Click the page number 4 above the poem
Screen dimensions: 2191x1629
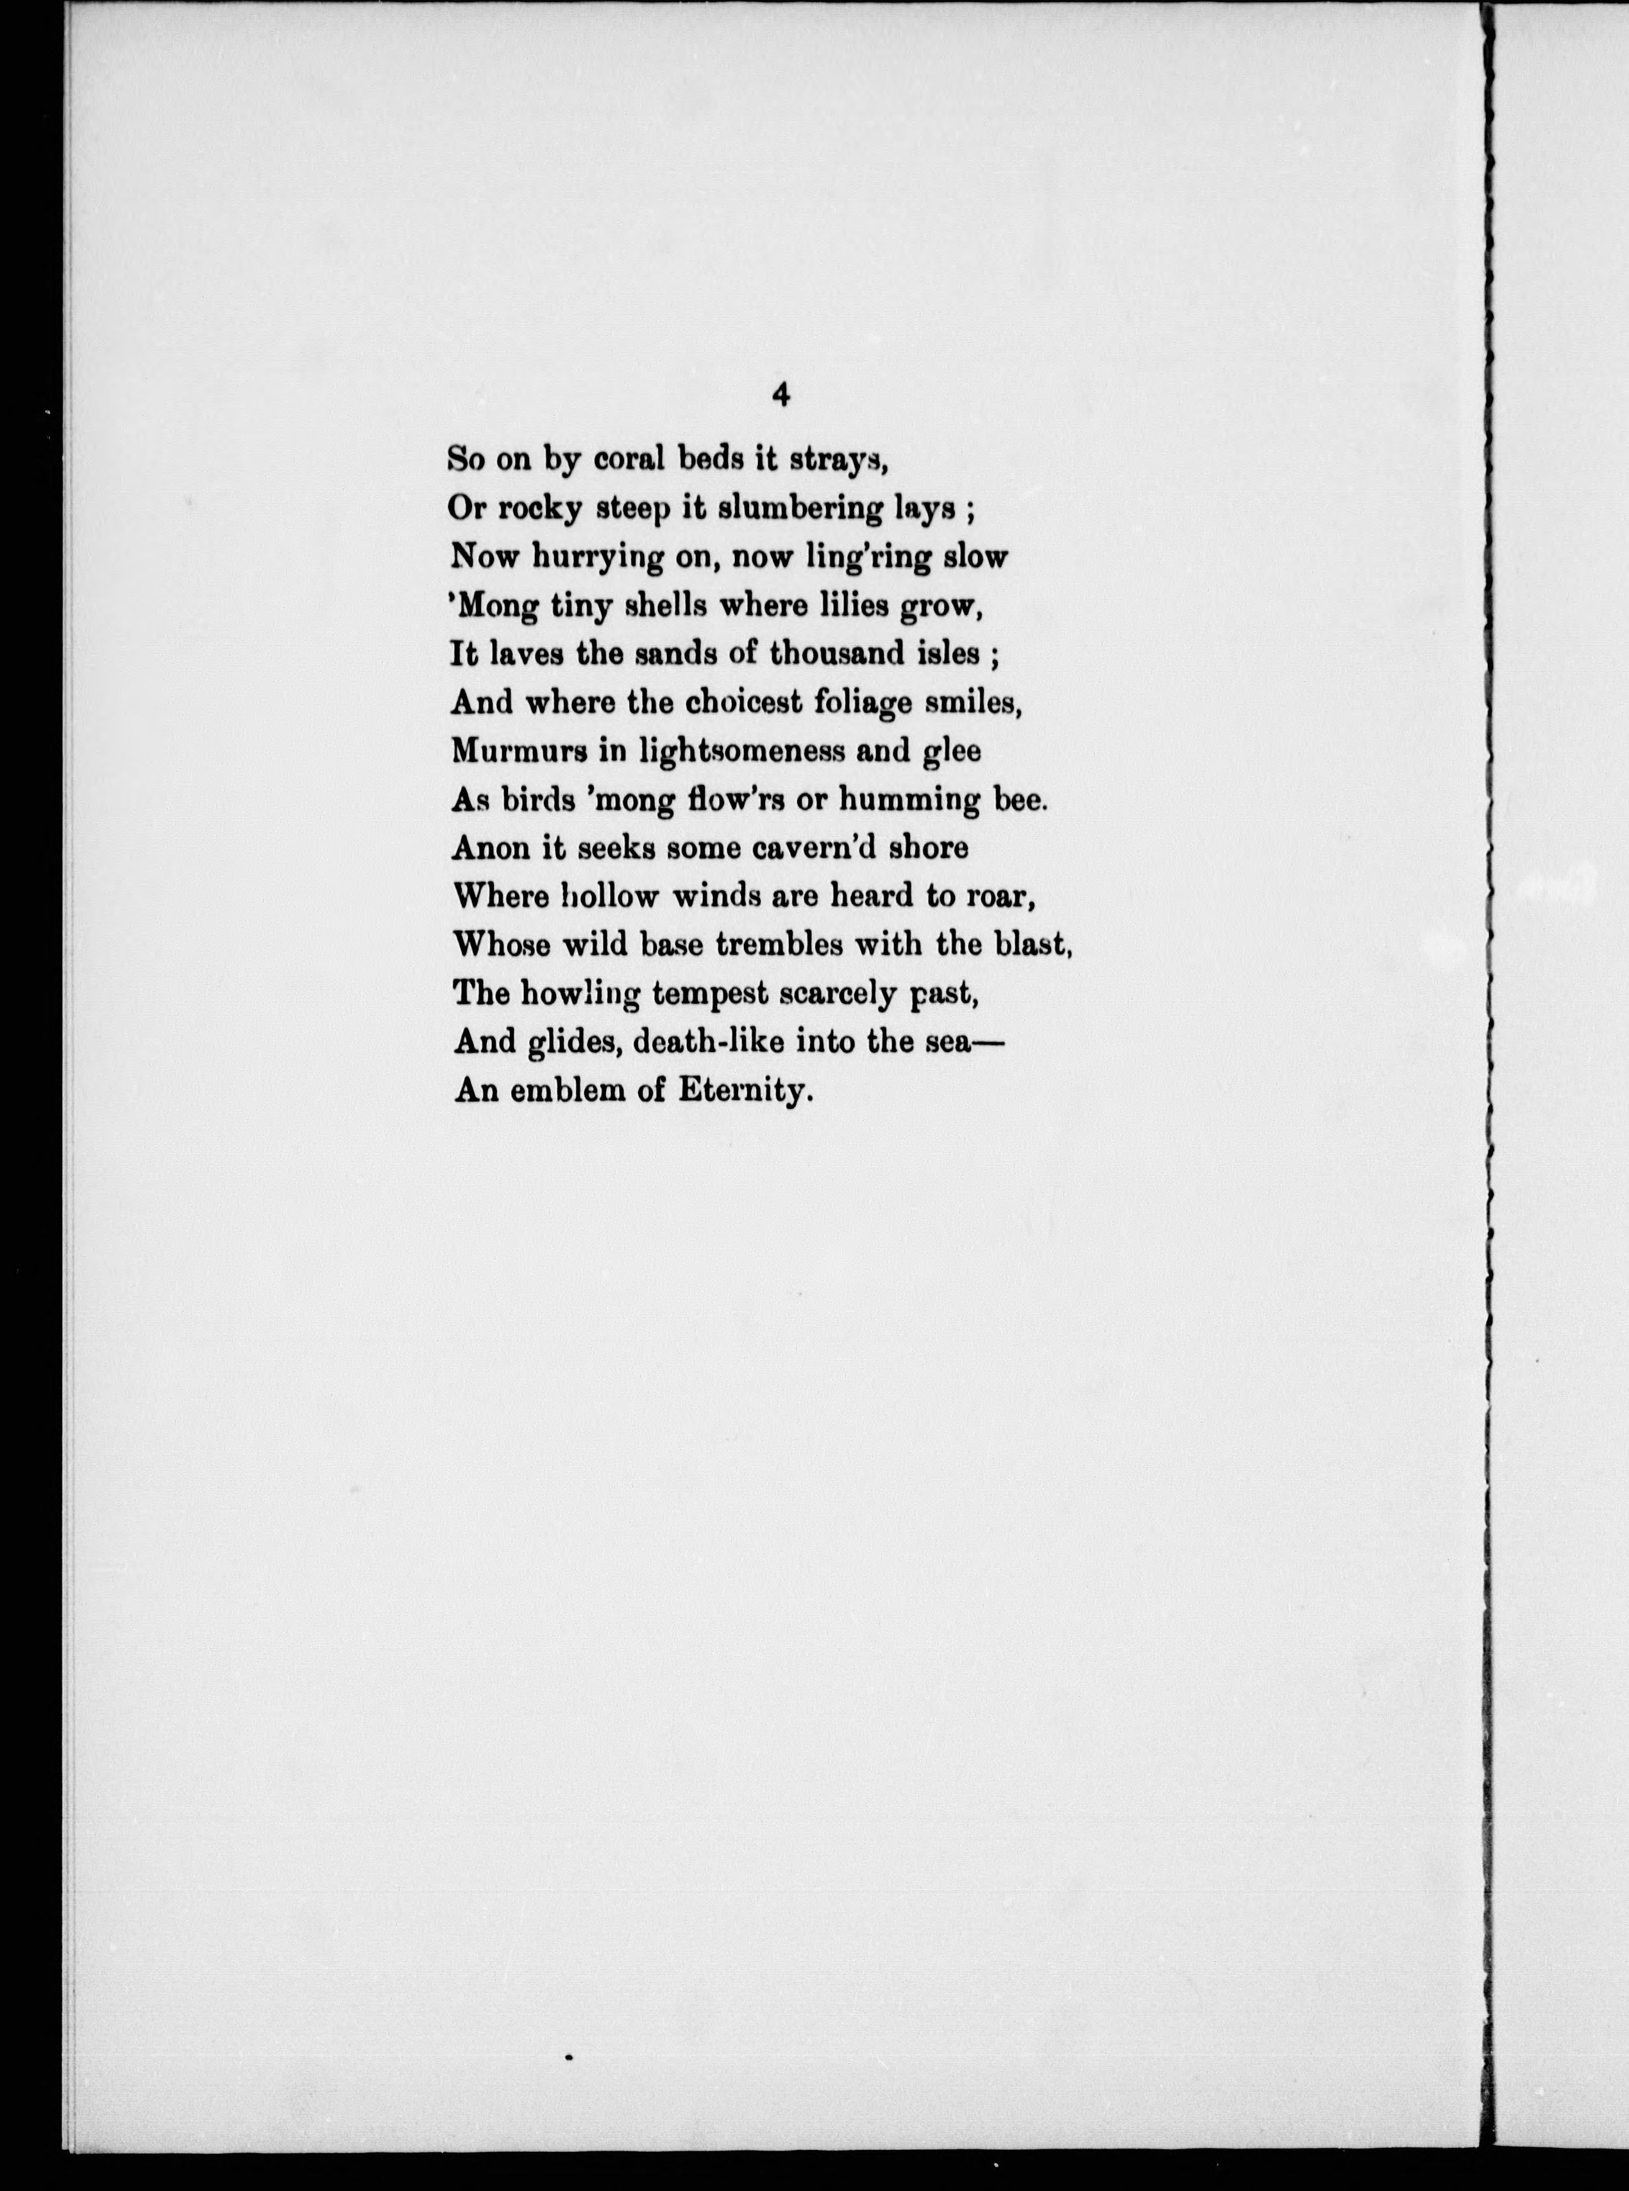[781, 395]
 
